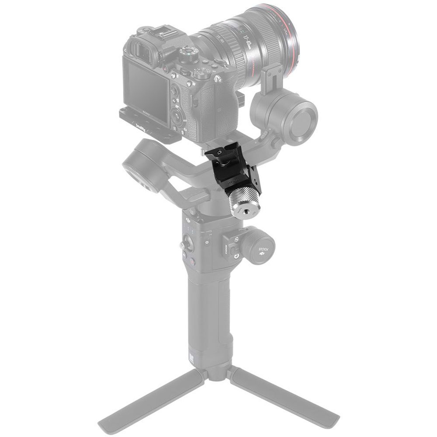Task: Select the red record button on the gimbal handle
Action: pyautogui.click(x=192, y=261)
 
